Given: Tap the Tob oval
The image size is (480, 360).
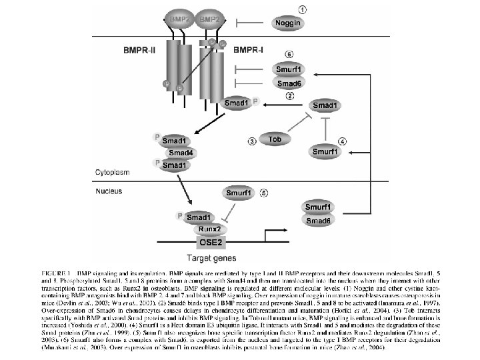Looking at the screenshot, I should point(274,139).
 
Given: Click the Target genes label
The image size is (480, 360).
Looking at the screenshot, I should point(206,257).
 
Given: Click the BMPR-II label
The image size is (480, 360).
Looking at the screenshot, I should point(140,49).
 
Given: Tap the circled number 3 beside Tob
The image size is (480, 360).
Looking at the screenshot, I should point(252,141).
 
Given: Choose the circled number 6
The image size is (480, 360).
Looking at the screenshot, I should point(289,53).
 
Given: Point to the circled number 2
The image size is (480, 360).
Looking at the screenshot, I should point(290,96).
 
